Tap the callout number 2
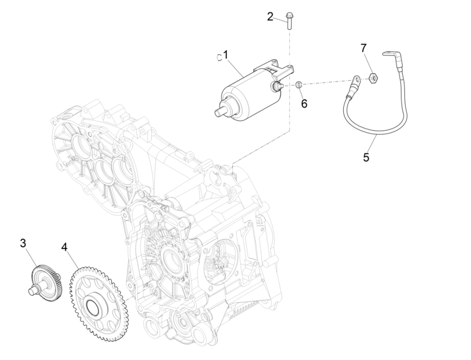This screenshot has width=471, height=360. (x=270, y=16)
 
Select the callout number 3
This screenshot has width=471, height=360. (x=23, y=243)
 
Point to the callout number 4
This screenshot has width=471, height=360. (x=64, y=247)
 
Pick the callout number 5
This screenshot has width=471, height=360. (x=366, y=157)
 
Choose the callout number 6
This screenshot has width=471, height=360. (x=304, y=103)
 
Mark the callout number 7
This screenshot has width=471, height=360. (x=364, y=48)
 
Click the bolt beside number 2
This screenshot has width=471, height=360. (x=290, y=20)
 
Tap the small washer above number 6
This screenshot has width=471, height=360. (x=299, y=85)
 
